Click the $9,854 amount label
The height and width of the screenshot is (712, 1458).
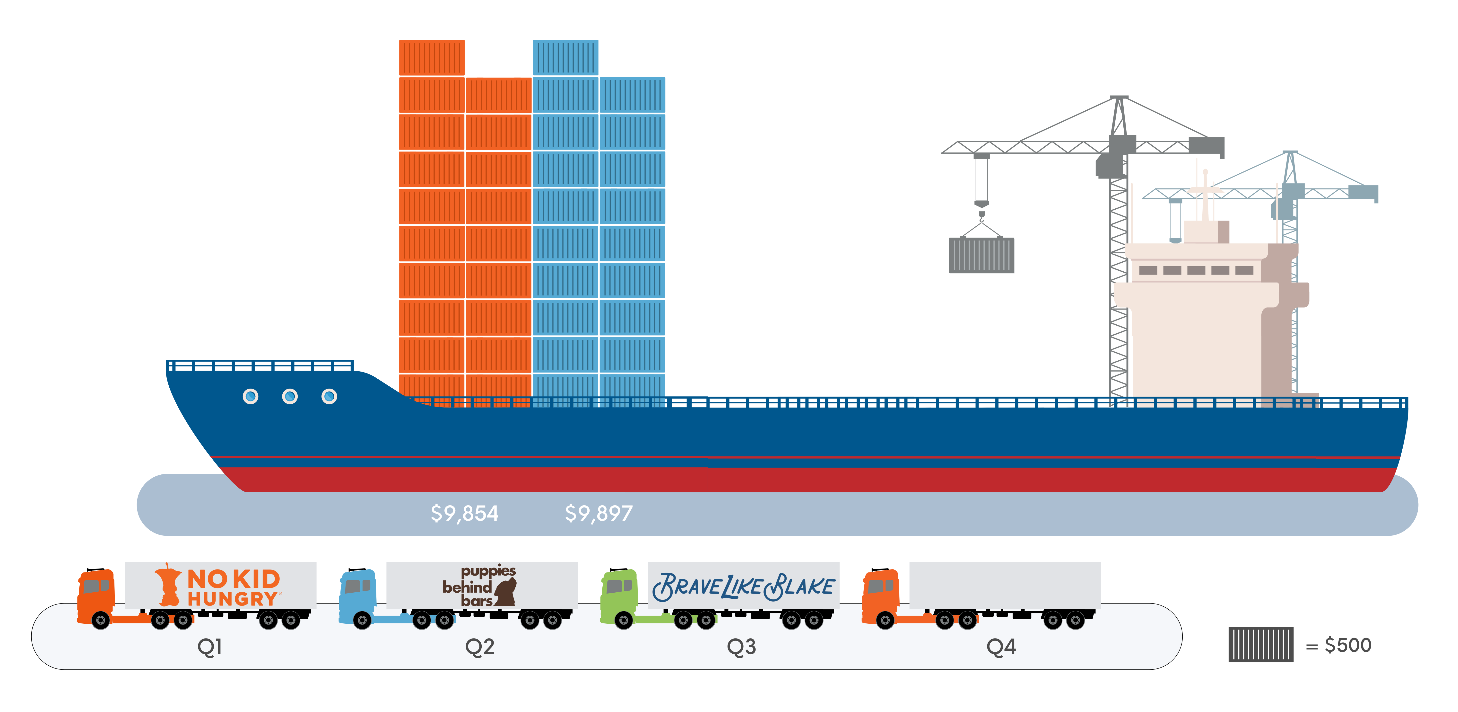(465, 513)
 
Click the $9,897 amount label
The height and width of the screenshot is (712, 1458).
(599, 513)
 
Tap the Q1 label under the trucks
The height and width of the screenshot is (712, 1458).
(209, 646)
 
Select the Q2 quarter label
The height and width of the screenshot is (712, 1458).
(480, 646)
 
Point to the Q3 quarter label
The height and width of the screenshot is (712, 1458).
(741, 646)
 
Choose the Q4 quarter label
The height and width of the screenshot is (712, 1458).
(1001, 646)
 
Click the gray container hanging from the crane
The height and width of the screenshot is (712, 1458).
(981, 256)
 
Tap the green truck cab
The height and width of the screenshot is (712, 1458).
(619, 595)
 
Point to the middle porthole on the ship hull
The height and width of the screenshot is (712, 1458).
(290, 397)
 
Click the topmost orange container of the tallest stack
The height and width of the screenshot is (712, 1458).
(432, 58)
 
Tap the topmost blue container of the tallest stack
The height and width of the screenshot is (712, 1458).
(565, 58)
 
